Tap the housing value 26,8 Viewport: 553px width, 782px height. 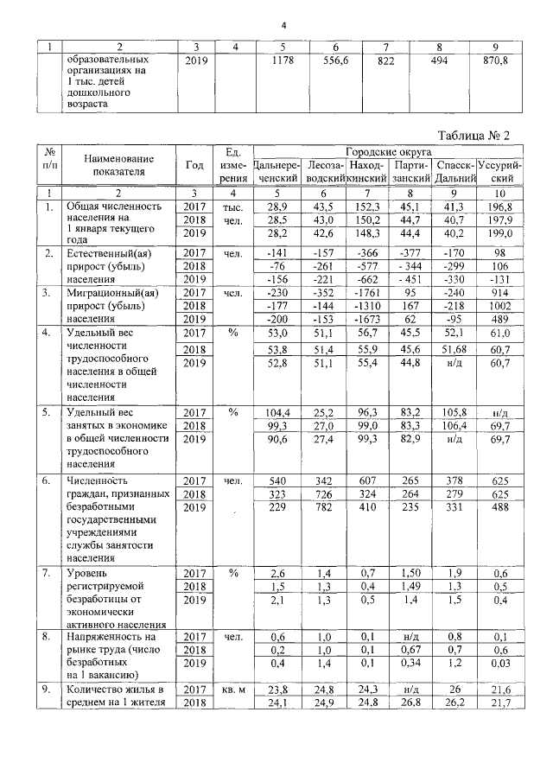(408, 703)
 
